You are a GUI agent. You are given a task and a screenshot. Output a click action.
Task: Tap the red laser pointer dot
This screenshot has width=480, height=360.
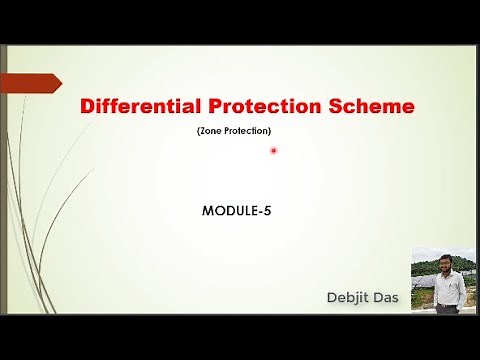click(x=273, y=151)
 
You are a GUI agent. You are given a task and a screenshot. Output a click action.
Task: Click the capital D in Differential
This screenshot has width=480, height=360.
click(x=86, y=106)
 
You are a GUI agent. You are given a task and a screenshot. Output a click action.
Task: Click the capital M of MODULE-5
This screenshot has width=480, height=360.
click(x=208, y=211)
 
